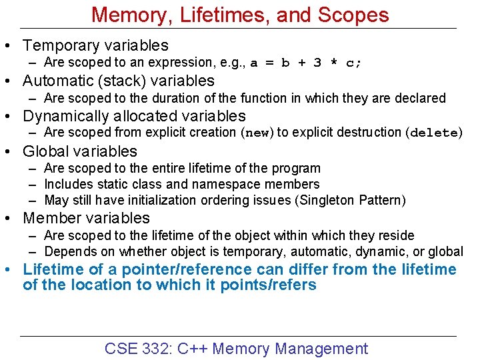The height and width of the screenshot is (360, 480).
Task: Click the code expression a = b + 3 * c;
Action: (306, 63)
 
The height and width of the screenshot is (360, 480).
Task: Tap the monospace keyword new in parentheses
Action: (257, 133)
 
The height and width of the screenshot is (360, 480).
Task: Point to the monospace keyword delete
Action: (433, 133)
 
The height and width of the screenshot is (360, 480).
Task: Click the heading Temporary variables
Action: (95, 45)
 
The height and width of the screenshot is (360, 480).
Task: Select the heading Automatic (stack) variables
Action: (119, 81)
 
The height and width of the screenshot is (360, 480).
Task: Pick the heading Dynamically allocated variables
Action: (134, 116)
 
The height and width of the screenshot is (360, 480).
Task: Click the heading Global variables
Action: (80, 151)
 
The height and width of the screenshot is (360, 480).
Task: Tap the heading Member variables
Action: (87, 218)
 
